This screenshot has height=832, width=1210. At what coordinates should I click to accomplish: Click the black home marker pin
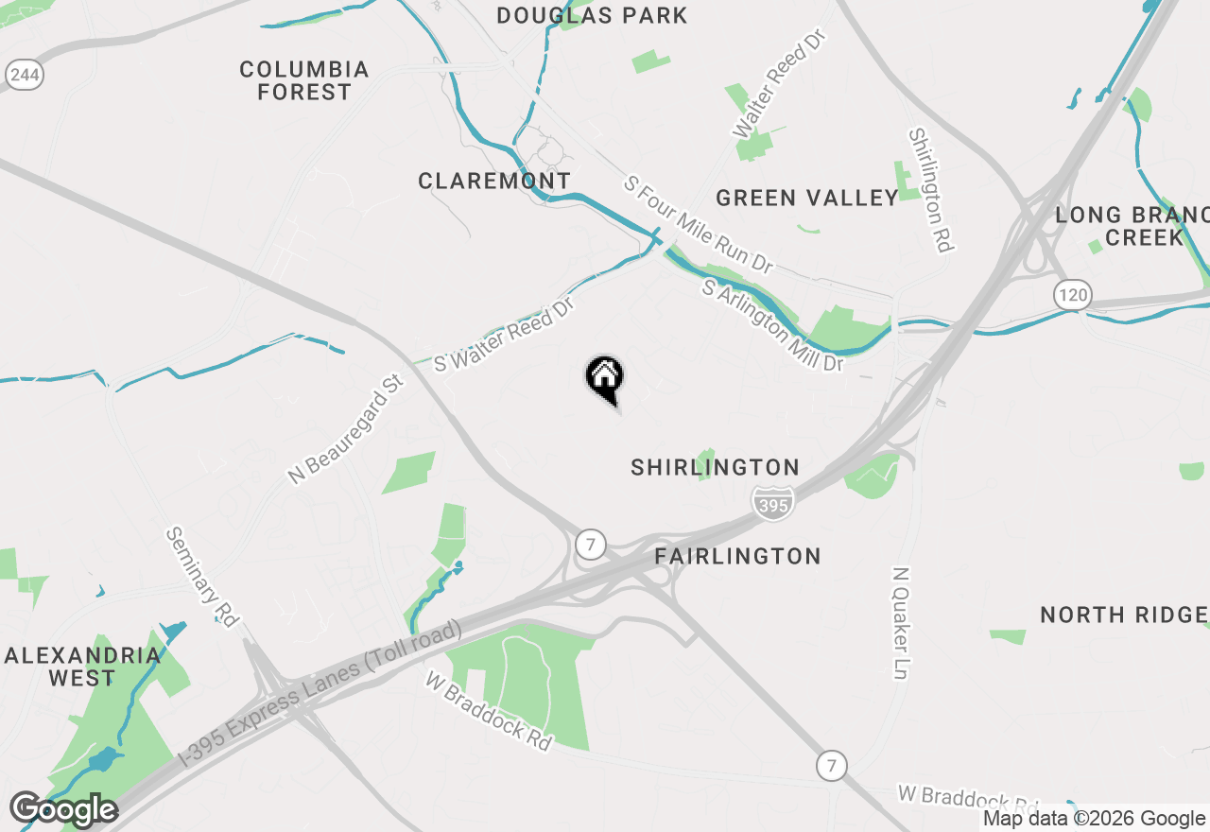click(605, 378)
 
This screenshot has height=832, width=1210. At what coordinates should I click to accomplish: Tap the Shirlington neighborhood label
click(716, 467)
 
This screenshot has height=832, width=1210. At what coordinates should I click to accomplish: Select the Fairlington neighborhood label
click(737, 556)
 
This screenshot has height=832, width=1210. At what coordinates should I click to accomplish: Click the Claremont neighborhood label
click(494, 181)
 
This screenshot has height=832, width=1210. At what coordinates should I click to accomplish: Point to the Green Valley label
click(807, 198)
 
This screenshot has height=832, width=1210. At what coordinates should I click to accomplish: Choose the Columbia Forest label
click(303, 80)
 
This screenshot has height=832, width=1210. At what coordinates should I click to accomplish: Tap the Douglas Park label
click(592, 15)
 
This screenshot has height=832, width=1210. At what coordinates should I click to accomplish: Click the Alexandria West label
click(83, 667)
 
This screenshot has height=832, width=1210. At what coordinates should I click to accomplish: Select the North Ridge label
click(1123, 615)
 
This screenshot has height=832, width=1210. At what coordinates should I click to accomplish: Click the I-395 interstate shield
click(772, 505)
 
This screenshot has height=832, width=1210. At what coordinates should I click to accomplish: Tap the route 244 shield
click(25, 73)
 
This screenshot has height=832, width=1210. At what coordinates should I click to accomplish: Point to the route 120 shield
click(1074, 295)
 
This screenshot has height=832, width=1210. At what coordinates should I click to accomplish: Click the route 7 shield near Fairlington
click(591, 544)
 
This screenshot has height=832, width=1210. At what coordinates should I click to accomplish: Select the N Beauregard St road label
click(346, 428)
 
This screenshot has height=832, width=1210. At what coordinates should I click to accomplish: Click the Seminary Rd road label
click(200, 576)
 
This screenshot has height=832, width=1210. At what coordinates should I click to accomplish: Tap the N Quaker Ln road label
click(901, 624)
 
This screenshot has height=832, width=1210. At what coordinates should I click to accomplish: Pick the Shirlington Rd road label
click(930, 189)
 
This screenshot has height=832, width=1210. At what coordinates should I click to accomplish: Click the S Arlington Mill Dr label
click(772, 325)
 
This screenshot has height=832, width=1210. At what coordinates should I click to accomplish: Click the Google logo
click(64, 810)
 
